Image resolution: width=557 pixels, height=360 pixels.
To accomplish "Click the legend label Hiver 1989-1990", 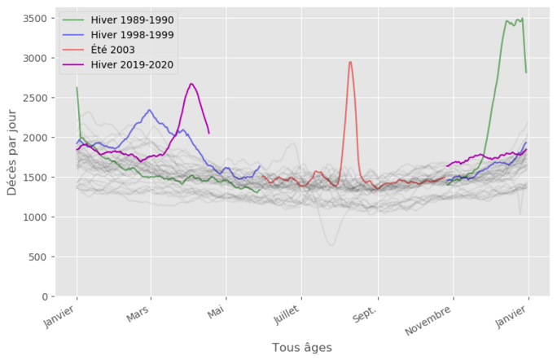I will (133, 20).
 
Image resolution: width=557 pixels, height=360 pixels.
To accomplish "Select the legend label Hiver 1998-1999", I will (133, 35).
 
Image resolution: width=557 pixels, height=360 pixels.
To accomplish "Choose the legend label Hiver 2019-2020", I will (133, 65).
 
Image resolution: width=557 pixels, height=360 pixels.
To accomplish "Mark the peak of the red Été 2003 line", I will (350, 62).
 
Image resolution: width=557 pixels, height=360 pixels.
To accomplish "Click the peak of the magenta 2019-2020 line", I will (191, 83).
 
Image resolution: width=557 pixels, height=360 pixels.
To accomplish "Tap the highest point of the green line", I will (521, 18).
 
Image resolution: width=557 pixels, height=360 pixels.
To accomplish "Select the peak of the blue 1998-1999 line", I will (150, 110).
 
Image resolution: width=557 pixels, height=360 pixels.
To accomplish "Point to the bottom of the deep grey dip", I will (331, 244).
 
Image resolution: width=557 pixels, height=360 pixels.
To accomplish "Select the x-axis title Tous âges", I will (301, 347).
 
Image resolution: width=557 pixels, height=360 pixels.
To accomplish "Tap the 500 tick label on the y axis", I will (38, 257).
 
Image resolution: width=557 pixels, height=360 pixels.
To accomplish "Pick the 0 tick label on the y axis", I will (46, 296).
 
